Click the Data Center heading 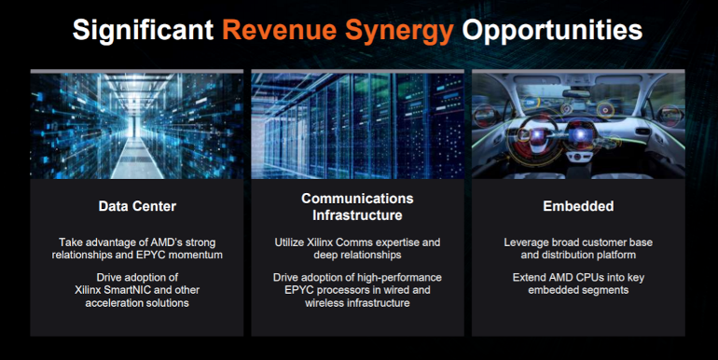137,206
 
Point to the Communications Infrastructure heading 357,207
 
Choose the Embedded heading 578,206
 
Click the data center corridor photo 137,124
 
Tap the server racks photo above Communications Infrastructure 357,124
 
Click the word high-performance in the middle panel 395,277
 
